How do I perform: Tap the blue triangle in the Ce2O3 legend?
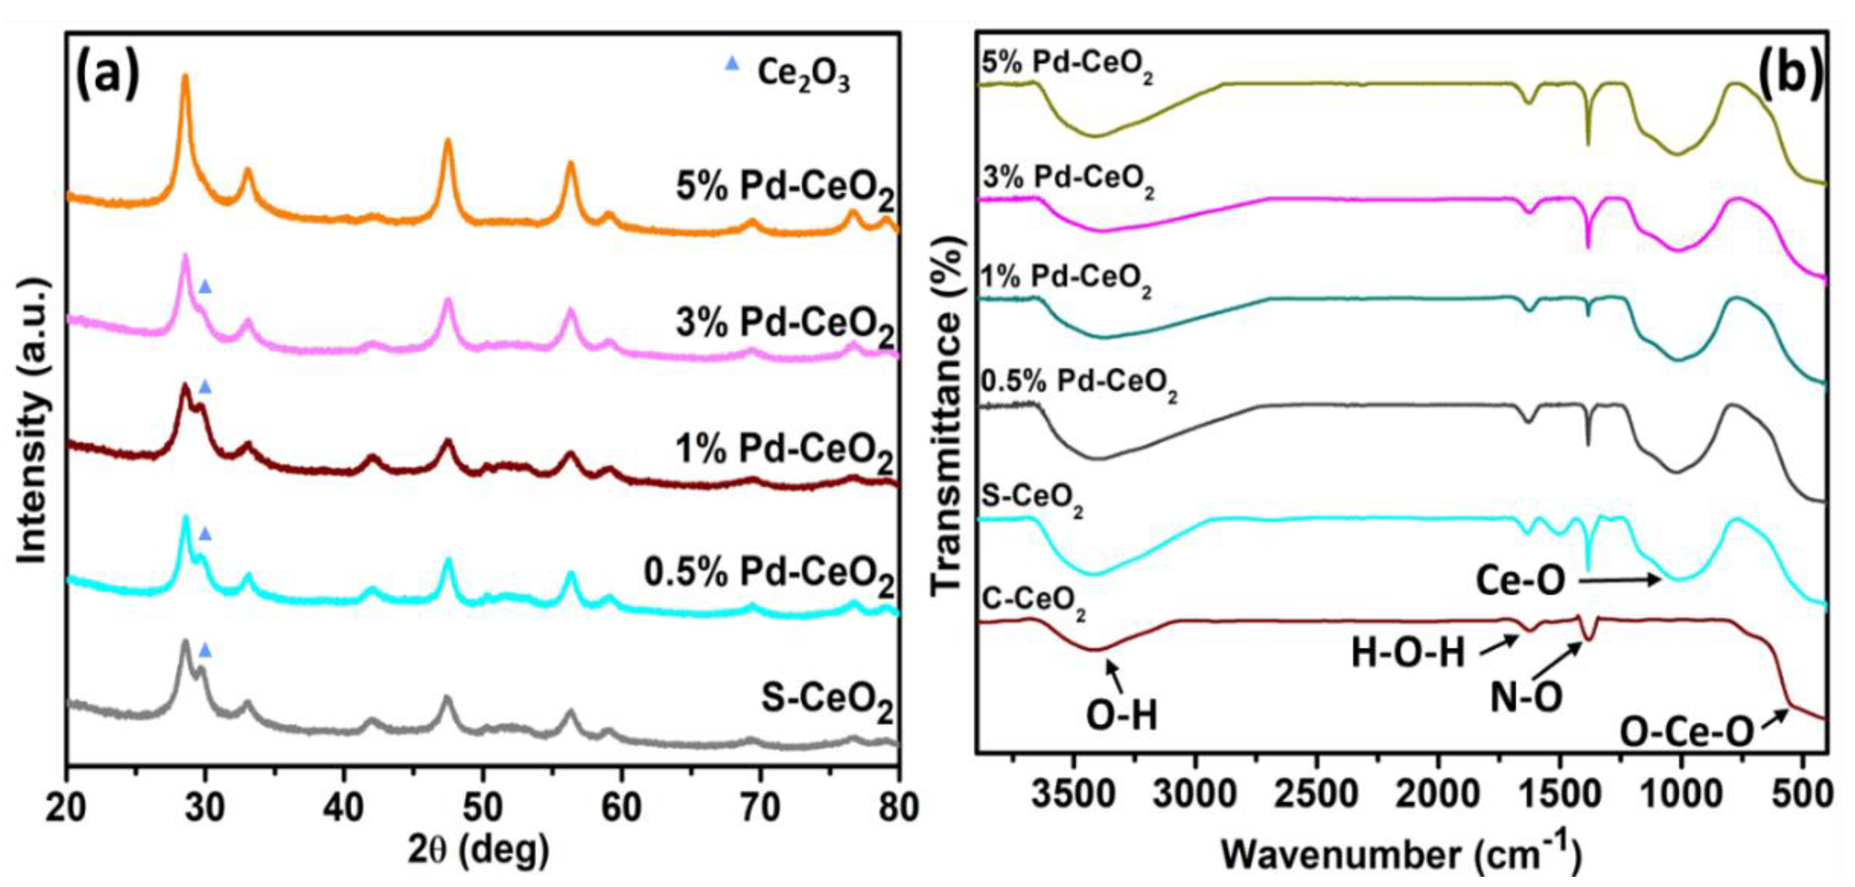pos(732,64)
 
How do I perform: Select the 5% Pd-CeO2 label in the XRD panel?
pos(785,189)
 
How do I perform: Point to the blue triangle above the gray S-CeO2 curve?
pos(205,651)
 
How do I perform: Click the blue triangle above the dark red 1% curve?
pos(205,388)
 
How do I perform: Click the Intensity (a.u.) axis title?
pos(33,421)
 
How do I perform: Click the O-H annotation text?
pos(1121,716)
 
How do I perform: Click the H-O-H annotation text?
pos(1408,654)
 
